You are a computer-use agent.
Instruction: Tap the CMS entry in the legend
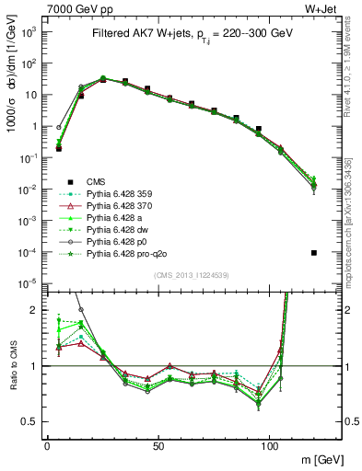[97, 181]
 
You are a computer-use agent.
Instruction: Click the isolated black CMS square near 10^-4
[315, 253]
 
